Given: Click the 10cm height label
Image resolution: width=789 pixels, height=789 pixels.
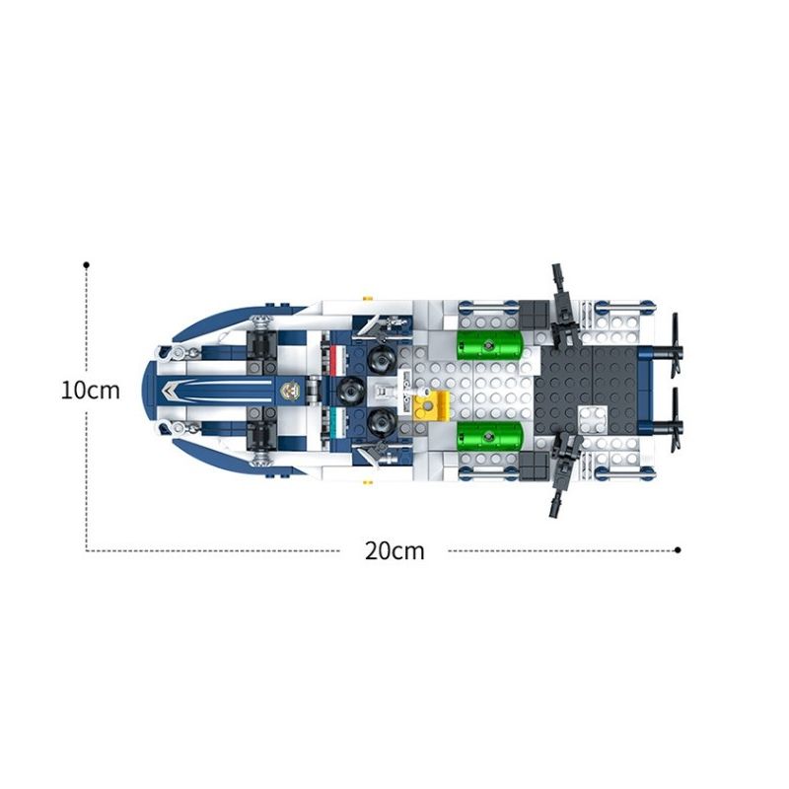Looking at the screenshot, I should click(90, 390).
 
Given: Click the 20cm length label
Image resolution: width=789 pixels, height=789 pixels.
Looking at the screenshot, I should click(394, 551).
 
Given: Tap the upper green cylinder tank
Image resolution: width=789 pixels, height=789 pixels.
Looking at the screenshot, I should click(489, 346).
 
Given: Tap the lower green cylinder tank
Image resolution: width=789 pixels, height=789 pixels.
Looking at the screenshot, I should click(489, 434).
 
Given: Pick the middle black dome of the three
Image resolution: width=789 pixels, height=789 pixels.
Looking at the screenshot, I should click(349, 392).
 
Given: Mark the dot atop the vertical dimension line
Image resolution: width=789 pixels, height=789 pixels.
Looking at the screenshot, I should click(87, 264).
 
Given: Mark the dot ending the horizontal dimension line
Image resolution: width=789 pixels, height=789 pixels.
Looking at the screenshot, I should click(679, 550).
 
